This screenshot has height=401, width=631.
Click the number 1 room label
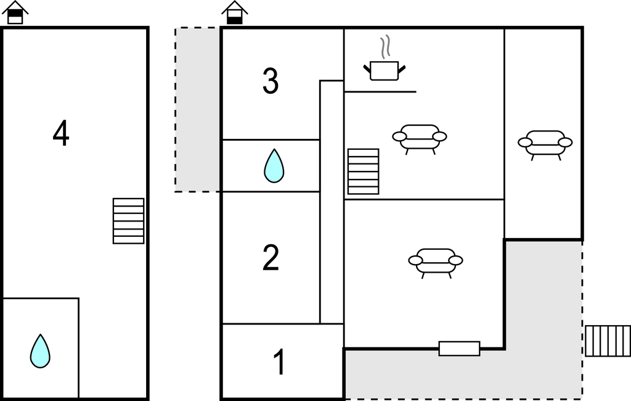pos(279,362)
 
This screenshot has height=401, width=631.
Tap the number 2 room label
pos(271,257)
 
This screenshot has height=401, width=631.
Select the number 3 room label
pos(271,81)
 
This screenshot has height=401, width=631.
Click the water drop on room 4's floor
pos(40,351)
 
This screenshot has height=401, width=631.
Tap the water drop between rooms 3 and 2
pos(274,165)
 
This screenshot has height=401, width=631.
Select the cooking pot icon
pos(385,71)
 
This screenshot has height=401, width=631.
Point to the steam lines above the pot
pos(386,47)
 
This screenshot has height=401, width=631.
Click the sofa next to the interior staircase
pos(420,139)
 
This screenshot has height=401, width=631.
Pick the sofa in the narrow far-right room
pos(545,145)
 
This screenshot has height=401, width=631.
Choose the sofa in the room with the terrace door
pos(436,263)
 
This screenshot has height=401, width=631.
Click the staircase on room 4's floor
pos(128,221)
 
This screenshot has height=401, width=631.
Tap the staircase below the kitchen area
pos(364,172)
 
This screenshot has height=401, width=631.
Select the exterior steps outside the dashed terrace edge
pos(608,341)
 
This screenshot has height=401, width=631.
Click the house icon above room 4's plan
pos(15,12)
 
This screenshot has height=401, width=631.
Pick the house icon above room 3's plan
pos(235,12)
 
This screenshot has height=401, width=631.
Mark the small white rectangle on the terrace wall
pos(459,349)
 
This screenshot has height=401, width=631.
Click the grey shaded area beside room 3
pos(198,110)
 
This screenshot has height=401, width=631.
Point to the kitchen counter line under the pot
pos(380,92)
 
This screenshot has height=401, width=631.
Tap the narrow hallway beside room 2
pos(332,202)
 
